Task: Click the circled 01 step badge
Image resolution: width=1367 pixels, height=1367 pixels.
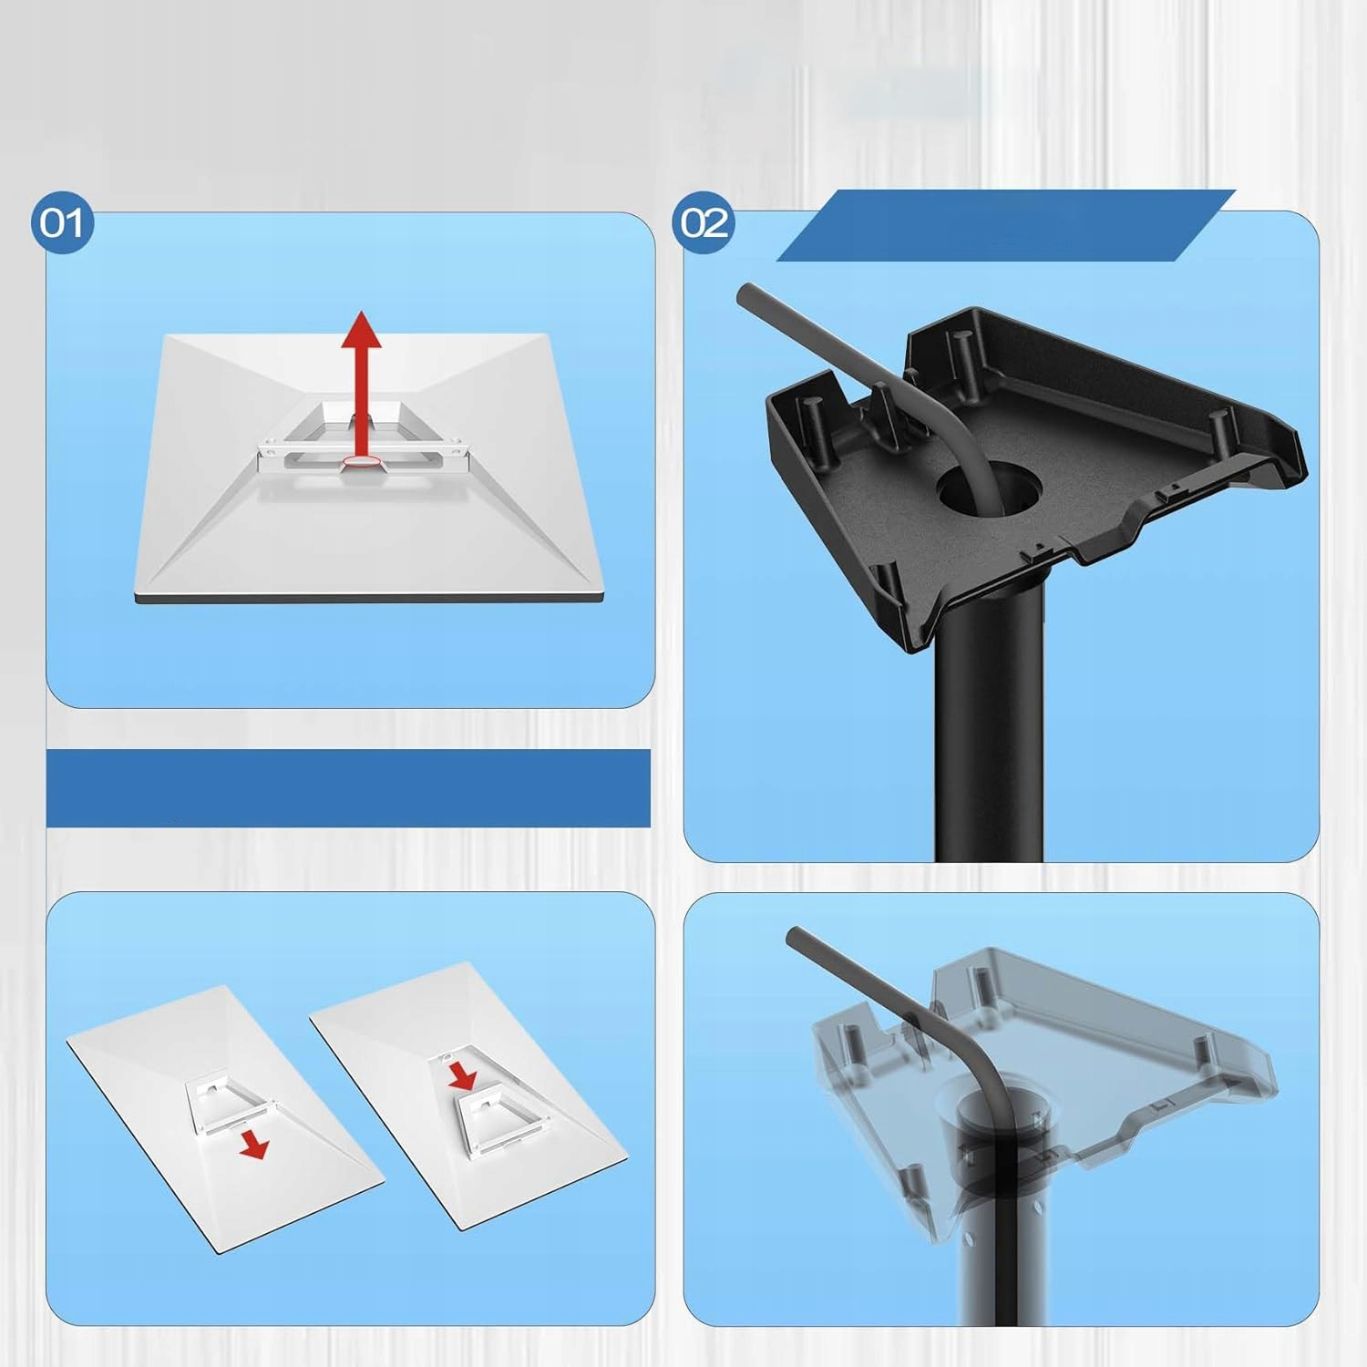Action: [62, 222]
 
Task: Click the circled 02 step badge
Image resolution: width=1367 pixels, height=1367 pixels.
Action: [704, 222]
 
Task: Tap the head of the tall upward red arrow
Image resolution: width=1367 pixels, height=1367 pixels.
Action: [362, 329]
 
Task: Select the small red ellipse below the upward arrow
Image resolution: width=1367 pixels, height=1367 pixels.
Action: [362, 464]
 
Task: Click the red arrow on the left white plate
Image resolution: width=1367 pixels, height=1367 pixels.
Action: [254, 1146]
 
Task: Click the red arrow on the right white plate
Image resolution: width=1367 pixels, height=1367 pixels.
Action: [463, 1074]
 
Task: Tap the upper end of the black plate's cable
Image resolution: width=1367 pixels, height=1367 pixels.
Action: [743, 292]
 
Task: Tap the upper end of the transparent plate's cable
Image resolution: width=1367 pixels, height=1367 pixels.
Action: [794, 935]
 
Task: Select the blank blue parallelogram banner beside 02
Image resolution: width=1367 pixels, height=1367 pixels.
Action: [1005, 225]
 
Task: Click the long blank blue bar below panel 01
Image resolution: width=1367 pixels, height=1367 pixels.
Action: [348, 788]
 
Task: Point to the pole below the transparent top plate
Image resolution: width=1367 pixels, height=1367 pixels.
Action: [991, 1258]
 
